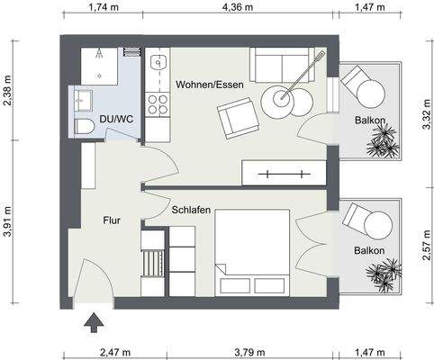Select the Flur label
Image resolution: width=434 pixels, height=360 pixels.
click(x=112, y=219)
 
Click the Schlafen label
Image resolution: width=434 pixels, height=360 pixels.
click(x=191, y=210)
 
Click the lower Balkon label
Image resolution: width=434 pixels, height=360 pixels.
click(x=369, y=250)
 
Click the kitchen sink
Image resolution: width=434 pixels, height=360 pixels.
click(x=157, y=64)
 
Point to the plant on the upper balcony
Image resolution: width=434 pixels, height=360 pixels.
click(x=384, y=140)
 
